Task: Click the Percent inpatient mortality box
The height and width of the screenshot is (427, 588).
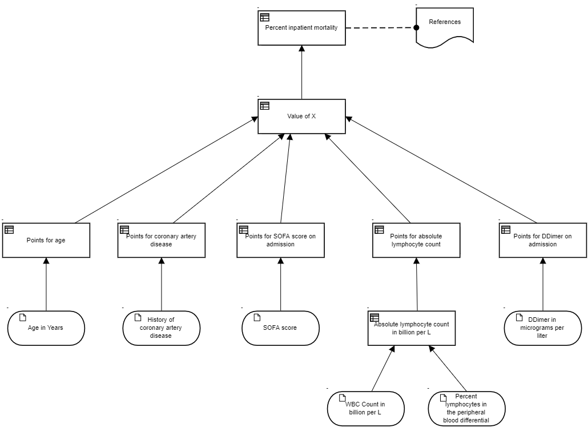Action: coord(301,28)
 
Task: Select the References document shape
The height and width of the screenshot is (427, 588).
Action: coord(445,27)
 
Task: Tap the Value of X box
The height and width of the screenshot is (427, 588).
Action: coord(301,117)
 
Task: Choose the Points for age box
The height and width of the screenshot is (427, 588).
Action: coord(46,240)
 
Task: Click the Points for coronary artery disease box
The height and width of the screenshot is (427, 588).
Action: coord(161,240)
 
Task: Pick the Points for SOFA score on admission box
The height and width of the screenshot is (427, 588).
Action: coord(280,240)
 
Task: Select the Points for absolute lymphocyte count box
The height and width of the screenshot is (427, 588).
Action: coord(416,240)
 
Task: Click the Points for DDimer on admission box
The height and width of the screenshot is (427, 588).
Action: coord(543,240)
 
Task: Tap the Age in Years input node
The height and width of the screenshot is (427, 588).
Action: coord(46,328)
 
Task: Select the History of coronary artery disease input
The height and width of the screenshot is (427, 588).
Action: coord(161,328)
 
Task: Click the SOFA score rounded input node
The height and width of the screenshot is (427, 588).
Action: coord(280,328)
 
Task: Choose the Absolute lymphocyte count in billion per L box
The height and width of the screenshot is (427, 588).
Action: coord(412,328)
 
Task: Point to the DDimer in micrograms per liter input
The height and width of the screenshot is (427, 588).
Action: coord(543,328)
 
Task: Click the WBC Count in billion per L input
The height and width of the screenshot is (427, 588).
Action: coord(365,409)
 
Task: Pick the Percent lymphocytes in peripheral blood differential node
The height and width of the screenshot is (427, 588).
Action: coord(466,409)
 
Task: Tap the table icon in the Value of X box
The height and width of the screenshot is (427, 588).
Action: coord(265,106)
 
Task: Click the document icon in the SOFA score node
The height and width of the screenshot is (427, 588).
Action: coord(257,318)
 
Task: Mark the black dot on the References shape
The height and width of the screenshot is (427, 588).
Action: coord(416,27)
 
